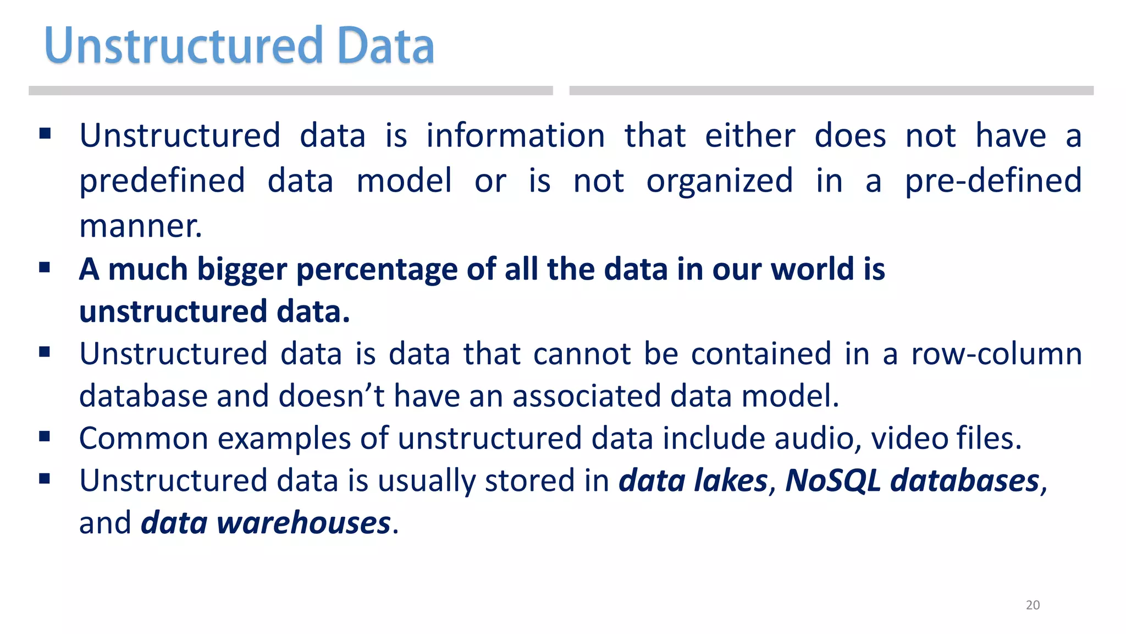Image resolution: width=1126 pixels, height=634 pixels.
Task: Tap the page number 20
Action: coord(1033,605)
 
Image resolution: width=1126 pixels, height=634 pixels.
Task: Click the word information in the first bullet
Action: coord(515,135)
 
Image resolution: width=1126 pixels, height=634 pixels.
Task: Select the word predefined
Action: coord(162,181)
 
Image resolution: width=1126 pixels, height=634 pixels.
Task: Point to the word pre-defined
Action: coord(993,181)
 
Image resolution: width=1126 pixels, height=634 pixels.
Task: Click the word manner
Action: coord(141,226)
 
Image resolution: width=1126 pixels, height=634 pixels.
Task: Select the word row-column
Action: coord(996,353)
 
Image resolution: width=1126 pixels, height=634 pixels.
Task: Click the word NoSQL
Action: coord(832,480)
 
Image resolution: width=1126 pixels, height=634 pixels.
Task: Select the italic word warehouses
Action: coord(303,523)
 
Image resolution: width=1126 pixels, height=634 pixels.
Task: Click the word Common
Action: coord(143,439)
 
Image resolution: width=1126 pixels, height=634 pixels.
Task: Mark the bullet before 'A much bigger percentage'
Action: coord(45,268)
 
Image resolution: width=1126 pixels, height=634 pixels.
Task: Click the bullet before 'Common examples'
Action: coord(45,437)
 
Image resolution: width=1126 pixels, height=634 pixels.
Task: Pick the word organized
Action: coord(719,181)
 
